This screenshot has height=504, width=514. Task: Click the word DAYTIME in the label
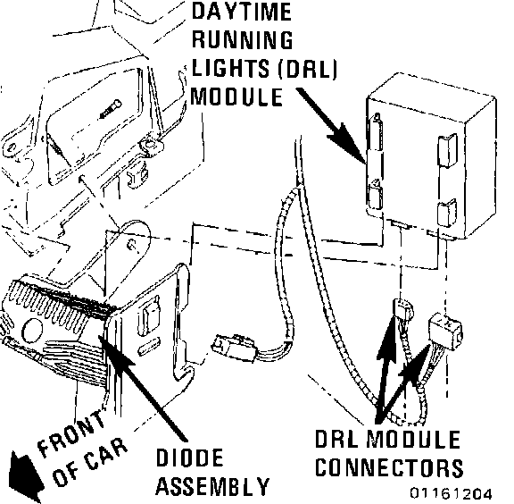[x=241, y=12]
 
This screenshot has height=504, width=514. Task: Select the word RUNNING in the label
[x=242, y=39]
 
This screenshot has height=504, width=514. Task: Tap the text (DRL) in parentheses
[x=308, y=69]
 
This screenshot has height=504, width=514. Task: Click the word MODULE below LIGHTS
[x=236, y=97]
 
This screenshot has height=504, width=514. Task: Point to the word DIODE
[x=189, y=458]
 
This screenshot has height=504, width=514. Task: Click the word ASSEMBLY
[x=212, y=486]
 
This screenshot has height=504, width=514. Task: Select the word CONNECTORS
[x=389, y=467]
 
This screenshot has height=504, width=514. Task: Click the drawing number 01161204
[x=451, y=493]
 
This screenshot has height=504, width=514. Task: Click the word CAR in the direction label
[x=106, y=458]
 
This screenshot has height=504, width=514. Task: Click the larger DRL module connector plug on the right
[x=445, y=327]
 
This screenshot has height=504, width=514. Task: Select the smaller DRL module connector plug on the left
[x=402, y=310]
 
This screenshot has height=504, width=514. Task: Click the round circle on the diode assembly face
[x=32, y=330]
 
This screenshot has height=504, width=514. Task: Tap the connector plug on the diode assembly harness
[x=235, y=348]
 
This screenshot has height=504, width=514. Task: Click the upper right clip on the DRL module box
[x=447, y=150]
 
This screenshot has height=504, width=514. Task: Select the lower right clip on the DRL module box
[x=447, y=213]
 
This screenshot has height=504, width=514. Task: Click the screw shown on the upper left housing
[x=110, y=109]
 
